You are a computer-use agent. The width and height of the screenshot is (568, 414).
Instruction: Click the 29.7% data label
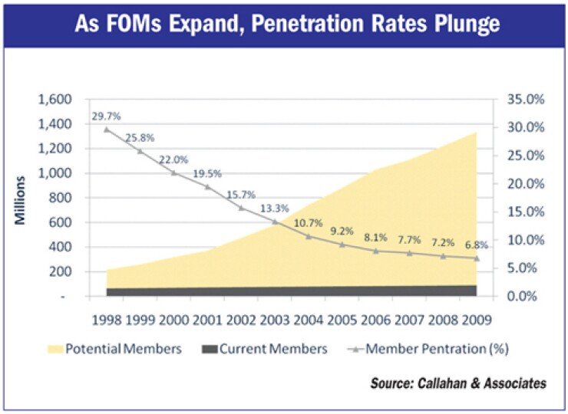point(106,115)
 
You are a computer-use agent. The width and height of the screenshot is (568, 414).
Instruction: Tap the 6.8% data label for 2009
point(477,245)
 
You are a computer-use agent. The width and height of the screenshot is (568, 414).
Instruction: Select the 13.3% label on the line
point(274,209)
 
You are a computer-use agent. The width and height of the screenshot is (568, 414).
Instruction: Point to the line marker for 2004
point(309,236)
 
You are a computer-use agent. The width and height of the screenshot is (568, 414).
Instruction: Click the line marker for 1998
point(106,129)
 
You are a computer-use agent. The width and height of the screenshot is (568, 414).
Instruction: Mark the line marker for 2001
point(207,186)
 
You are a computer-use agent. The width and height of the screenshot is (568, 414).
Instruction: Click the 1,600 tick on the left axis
point(55,100)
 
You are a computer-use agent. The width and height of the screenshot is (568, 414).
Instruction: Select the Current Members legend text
point(275,349)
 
